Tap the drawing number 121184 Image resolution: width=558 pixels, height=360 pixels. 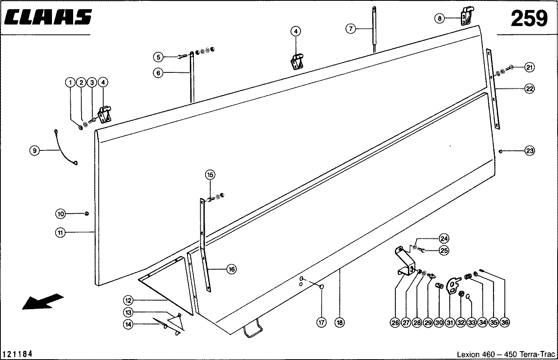click(x=18, y=354)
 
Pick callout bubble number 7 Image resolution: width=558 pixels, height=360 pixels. click(x=350, y=28)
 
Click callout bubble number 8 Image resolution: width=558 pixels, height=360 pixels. click(x=439, y=18)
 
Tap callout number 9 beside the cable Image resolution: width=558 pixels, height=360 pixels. click(x=35, y=151)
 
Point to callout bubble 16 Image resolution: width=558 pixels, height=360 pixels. click(x=231, y=269)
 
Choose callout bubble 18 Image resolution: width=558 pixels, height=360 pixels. click(x=339, y=322)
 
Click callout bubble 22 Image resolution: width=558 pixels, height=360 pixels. click(x=529, y=89)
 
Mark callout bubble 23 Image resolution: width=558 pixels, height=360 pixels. click(x=529, y=151)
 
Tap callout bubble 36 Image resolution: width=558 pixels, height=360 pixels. click(x=505, y=322)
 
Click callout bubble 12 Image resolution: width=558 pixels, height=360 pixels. click(x=128, y=300)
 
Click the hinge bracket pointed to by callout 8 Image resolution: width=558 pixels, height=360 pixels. click(x=466, y=18)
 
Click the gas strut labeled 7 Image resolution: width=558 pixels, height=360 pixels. click(x=374, y=30)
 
